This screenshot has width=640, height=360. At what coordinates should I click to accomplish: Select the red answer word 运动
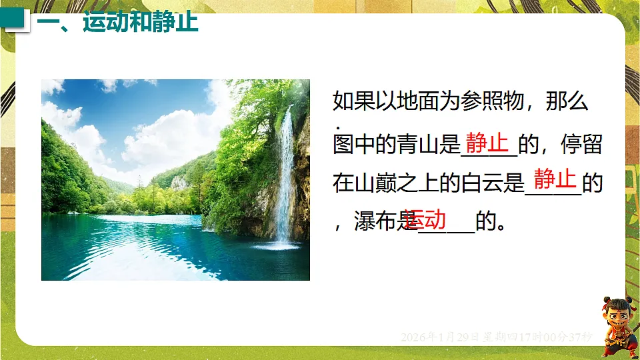click(425, 218)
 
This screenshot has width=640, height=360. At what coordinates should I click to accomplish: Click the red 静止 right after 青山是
click(487, 142)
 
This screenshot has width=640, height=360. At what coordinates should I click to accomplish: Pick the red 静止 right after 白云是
click(555, 179)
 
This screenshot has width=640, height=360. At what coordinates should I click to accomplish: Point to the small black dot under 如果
click(339, 127)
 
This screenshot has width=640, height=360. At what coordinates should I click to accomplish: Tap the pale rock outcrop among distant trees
click(179, 182)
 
